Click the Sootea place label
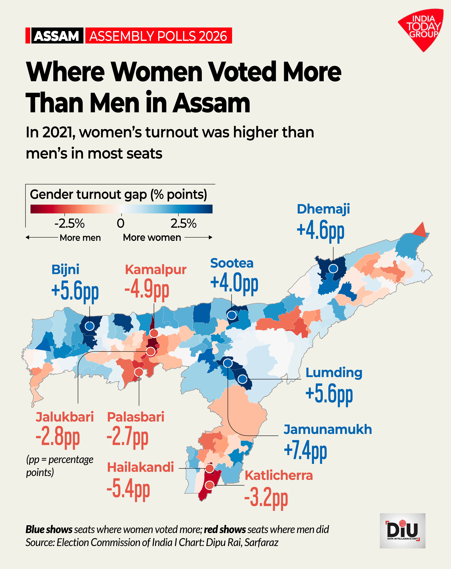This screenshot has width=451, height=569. coord(232,263)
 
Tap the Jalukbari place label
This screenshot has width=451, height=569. coord(65,417)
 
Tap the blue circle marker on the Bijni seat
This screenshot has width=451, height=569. coord(90,326)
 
